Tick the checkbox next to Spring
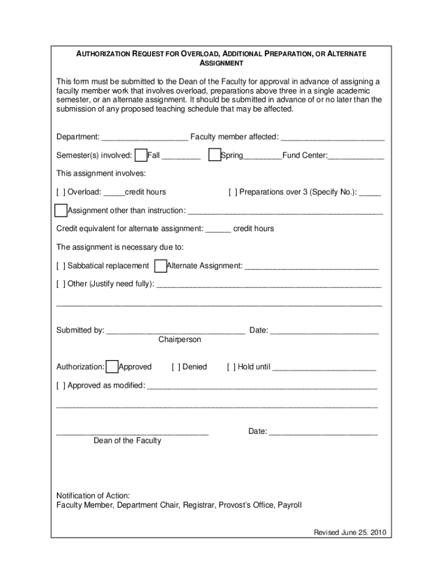(x=214, y=156)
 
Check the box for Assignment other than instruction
(x=61, y=211)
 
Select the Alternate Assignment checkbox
(x=160, y=265)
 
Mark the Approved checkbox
(x=112, y=367)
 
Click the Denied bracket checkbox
(x=176, y=367)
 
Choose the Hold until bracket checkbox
(x=231, y=367)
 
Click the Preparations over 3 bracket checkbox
(x=233, y=192)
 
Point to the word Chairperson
(x=179, y=340)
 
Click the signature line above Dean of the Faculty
(x=132, y=433)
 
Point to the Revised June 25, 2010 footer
(x=349, y=532)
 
